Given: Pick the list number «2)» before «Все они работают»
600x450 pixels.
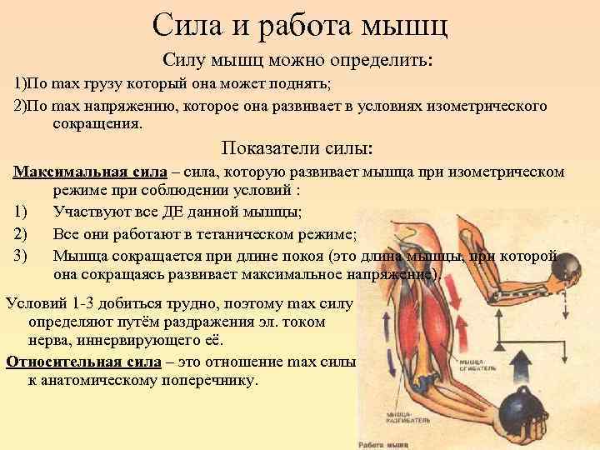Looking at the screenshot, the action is point(22,233).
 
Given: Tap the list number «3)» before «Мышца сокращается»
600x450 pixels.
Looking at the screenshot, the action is point(22,255).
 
